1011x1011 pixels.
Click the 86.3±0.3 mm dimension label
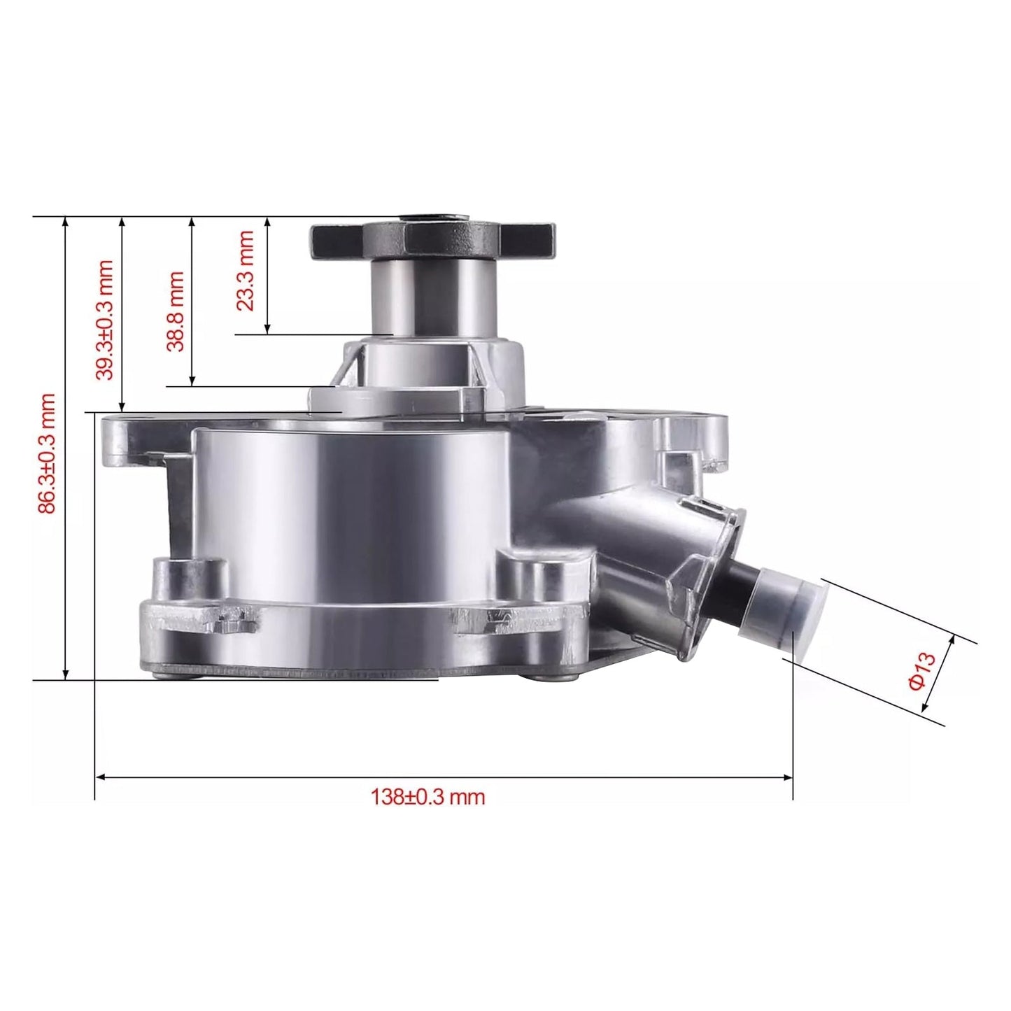[46, 453]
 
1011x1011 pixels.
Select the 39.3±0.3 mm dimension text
[104, 320]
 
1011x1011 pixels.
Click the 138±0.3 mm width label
[427, 797]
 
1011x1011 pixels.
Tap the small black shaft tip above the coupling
[432, 218]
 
